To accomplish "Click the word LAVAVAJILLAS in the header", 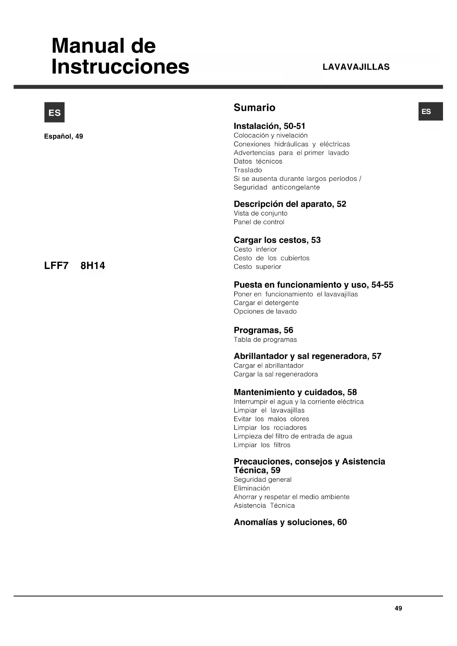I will (x=356, y=67).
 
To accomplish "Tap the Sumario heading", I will (x=254, y=108).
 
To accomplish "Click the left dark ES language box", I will (x=55, y=112).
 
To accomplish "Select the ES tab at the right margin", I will (x=430, y=111).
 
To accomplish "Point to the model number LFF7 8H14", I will (x=74, y=266).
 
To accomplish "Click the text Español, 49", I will (x=63, y=136).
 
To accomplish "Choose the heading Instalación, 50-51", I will (x=269, y=126).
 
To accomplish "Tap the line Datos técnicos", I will (x=258, y=161).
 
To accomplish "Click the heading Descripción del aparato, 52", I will (x=290, y=204).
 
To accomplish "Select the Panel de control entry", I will (x=259, y=222).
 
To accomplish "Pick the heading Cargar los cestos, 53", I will (x=277, y=240).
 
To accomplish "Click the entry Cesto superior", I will (x=257, y=267).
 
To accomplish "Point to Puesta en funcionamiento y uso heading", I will (x=313, y=285).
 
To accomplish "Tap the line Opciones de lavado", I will (x=265, y=312).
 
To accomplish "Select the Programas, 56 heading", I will (x=263, y=330).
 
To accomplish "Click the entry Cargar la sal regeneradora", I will (x=275, y=374).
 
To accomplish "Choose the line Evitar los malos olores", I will (x=271, y=419).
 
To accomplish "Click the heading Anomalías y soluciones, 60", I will (x=290, y=522).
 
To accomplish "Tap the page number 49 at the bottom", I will (x=398, y=608).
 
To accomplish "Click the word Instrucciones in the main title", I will (x=120, y=67).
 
